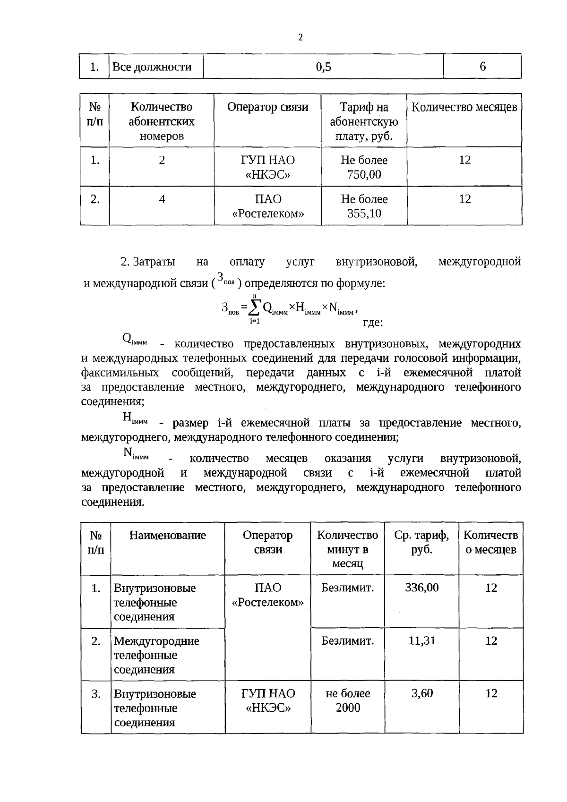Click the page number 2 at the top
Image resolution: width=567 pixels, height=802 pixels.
coord(301,37)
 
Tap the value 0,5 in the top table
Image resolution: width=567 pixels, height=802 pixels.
coord(324,67)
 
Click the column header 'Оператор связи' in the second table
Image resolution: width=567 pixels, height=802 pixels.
coord(267,107)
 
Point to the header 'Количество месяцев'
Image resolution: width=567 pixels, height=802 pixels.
coord(464,107)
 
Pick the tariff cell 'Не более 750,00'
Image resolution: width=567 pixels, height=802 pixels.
coord(364,167)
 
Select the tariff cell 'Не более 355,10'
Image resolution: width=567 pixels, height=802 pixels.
coord(364,206)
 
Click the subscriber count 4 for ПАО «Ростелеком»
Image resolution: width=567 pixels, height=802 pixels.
coord(162,199)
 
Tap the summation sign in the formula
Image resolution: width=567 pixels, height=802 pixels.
coord(254,308)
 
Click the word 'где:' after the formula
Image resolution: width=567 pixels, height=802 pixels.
coord(372,323)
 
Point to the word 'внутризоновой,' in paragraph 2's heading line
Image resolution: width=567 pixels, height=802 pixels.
coord(376,262)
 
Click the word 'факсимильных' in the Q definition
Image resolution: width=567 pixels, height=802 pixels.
coord(120,373)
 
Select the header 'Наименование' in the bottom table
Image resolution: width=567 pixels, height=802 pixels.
coord(168,535)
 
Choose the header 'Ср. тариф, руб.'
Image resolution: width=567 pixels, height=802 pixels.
coord(421,542)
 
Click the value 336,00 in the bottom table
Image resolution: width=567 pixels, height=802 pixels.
coord(421,588)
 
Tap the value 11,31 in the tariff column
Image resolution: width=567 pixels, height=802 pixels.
coord(421,640)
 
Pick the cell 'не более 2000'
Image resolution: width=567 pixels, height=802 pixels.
coord(348,700)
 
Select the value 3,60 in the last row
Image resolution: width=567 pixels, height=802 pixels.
coord(421,693)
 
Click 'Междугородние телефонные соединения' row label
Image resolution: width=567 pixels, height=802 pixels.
coord(156,655)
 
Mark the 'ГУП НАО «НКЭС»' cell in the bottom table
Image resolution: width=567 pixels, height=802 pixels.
coord(268,700)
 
